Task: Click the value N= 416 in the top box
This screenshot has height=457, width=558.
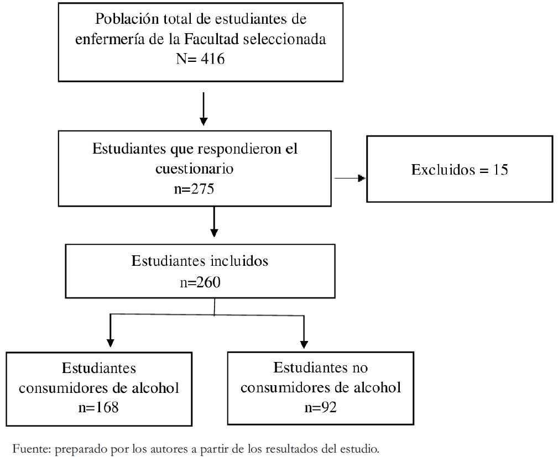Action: (x=200, y=59)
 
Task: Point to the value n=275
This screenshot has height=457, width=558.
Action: (x=194, y=188)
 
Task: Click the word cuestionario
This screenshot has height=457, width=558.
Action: (x=194, y=169)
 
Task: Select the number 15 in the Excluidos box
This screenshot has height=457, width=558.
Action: (x=500, y=170)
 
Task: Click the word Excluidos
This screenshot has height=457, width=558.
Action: (x=443, y=170)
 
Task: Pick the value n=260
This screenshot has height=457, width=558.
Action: (x=200, y=282)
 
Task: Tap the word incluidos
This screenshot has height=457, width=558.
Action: (x=239, y=261)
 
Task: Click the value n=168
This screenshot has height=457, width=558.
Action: (x=98, y=408)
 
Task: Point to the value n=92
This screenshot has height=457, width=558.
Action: (x=321, y=407)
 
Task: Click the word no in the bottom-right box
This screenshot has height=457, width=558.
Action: (x=360, y=367)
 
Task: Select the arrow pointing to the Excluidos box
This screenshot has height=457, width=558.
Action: (x=350, y=178)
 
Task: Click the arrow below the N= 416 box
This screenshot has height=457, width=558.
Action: (x=204, y=109)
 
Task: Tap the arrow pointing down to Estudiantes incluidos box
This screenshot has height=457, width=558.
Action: (x=214, y=222)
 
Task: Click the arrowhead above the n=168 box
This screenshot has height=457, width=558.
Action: (x=111, y=343)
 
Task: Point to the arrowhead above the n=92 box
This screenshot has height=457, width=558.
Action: (x=304, y=344)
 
